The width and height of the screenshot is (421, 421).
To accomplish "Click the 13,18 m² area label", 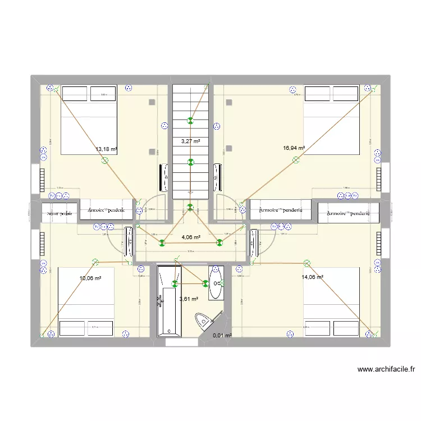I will point(106,149).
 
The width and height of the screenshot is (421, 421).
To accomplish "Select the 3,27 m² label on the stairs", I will point(190,141).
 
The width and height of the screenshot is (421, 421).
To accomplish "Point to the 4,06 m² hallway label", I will point(191,237).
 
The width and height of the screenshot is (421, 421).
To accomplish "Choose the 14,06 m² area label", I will point(312,277).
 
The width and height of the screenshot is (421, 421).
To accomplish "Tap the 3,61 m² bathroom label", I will point(190,299).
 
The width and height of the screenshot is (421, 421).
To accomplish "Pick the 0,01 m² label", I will point(222,336).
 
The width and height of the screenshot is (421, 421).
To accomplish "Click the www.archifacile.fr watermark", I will point(386,369).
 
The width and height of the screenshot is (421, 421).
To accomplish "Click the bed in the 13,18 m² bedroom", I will point(89,120).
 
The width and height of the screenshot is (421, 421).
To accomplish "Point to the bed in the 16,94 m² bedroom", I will point(331,120).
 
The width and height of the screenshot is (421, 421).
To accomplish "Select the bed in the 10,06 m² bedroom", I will point(86,301).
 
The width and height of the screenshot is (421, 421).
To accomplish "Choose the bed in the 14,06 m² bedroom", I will point(331,301).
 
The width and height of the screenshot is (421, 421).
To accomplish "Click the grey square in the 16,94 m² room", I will point(229,102).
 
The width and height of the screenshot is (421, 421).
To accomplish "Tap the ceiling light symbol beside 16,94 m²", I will point(296,161).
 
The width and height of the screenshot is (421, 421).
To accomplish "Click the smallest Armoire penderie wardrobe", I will point(60,213).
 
